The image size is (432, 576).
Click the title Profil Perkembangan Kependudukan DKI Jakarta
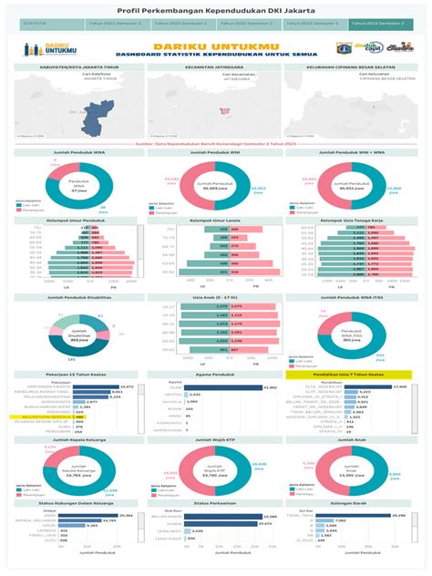pyautogui.click(x=215, y=6)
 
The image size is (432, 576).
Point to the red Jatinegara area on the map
pyautogui.click(x=220, y=113)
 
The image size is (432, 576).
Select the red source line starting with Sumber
pyautogui.click(x=215, y=143)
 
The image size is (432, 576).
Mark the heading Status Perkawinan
pyautogui.click(x=215, y=503)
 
